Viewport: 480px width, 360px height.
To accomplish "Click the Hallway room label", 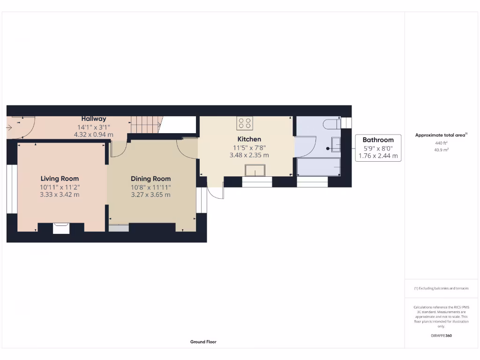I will [94, 119].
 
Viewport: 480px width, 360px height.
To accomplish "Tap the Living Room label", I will [60, 179].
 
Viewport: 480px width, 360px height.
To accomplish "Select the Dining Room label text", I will [150, 179].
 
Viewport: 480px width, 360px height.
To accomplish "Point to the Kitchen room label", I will [249, 139].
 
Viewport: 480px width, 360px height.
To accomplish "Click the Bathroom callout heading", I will [378, 140].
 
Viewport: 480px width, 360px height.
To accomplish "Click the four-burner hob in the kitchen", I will [244, 123].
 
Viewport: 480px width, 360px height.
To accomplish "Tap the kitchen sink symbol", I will [255, 170].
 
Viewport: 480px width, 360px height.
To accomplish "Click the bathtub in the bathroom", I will [319, 167].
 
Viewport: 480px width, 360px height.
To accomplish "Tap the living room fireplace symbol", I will [61, 228].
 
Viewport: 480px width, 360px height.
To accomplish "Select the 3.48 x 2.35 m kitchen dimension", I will [249, 155].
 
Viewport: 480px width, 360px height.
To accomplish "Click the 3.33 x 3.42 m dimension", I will [60, 195].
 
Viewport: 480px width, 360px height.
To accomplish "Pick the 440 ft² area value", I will [441, 143].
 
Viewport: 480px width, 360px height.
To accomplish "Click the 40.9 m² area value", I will [441, 150].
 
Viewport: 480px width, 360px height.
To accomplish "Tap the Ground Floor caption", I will [203, 342].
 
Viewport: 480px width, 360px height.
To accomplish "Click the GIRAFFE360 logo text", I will [441, 336].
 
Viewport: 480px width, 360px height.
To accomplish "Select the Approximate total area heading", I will [441, 135].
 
